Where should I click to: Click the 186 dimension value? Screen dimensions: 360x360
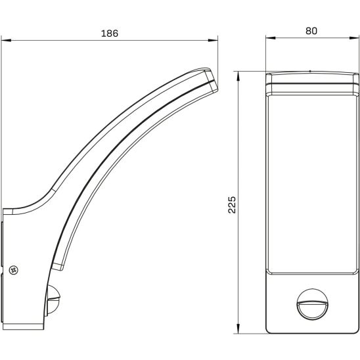click(x=110, y=34)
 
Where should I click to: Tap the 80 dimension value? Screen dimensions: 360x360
click(x=311, y=31)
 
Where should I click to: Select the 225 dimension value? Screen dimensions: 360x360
click(x=232, y=205)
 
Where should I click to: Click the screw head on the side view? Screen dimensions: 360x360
click(x=14, y=270)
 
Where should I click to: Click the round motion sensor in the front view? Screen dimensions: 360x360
click(x=313, y=304)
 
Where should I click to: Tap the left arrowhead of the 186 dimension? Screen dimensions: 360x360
click(x=6, y=41)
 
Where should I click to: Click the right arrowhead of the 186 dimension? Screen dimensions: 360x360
click(x=213, y=41)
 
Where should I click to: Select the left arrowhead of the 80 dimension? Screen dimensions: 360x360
click(x=271, y=38)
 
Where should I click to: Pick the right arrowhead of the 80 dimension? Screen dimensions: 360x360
click(x=354, y=38)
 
